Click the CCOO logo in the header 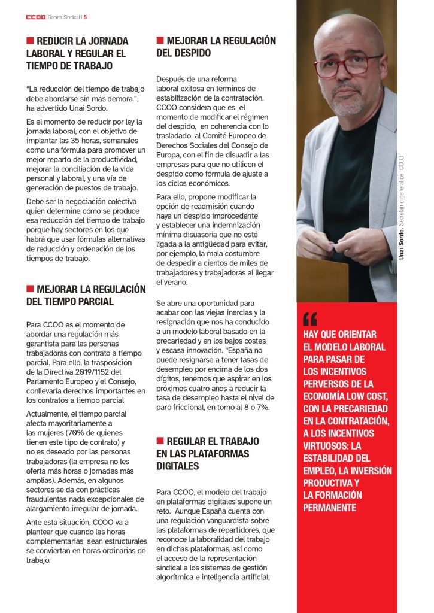35,17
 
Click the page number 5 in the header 86,17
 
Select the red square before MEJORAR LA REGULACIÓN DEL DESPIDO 160,40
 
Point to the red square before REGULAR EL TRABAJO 160,441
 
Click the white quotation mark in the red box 310,318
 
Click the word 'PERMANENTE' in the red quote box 330,508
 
